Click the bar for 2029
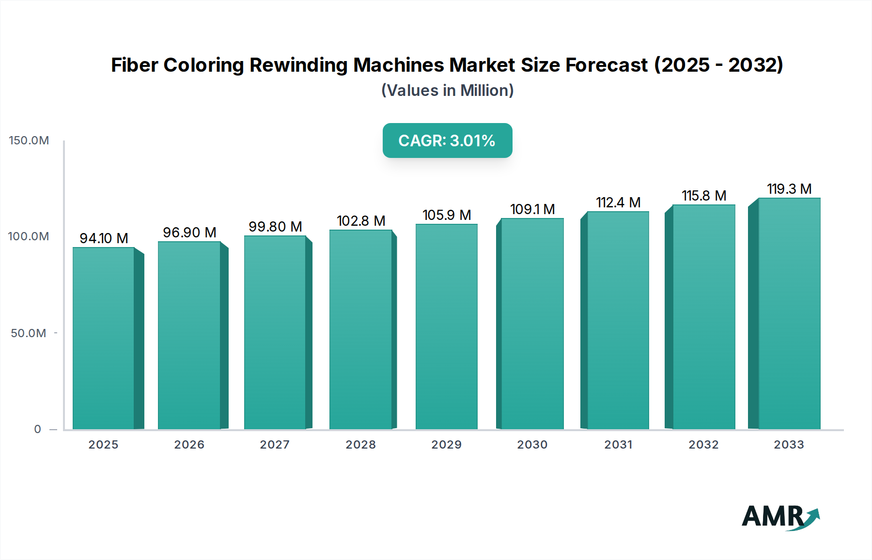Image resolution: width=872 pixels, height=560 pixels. [x=447, y=327]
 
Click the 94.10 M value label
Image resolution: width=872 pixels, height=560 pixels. [x=104, y=238]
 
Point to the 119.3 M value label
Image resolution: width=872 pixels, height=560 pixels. [x=789, y=189]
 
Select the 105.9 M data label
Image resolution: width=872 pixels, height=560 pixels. [x=447, y=215]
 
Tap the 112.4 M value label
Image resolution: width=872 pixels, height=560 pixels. [x=618, y=202]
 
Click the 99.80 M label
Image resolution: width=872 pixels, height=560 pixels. [x=275, y=227]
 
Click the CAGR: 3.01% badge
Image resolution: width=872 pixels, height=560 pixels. [x=447, y=140]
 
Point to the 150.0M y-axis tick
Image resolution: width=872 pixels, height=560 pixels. [x=29, y=140]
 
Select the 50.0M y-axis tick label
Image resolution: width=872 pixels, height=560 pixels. [x=29, y=333]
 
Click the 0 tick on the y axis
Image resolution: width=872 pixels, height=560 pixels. [x=38, y=429]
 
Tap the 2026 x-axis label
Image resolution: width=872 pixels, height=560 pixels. [x=189, y=445]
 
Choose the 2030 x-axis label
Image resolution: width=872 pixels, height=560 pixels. [x=532, y=445]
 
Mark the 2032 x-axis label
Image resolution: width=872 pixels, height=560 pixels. [x=704, y=445]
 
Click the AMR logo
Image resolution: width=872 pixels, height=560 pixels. [x=780, y=517]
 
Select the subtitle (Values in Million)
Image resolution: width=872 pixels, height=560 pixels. [x=447, y=91]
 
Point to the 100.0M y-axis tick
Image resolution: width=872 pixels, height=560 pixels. [x=29, y=236]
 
